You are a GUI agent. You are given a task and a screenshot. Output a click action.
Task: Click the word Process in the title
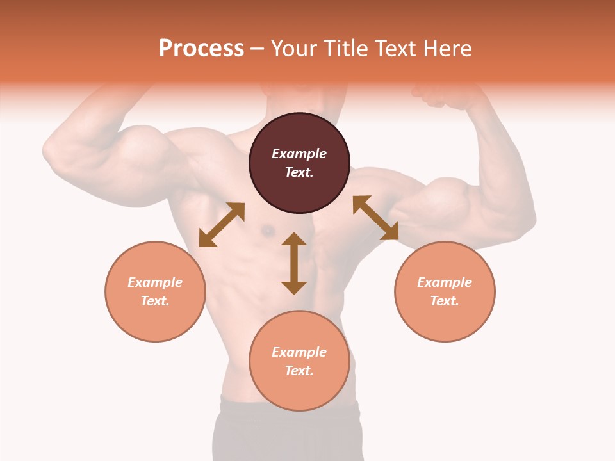[x=201, y=49]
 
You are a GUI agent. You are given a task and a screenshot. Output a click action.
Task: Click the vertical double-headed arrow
[x=294, y=263]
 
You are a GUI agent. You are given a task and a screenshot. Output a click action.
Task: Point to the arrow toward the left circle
[x=222, y=225]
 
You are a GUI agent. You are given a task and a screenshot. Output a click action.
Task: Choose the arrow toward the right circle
[x=375, y=218]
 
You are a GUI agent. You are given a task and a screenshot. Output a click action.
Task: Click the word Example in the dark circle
[x=299, y=154]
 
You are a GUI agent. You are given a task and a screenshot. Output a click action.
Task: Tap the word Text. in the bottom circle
[x=299, y=371]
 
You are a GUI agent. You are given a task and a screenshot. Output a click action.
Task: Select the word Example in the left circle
[x=155, y=282]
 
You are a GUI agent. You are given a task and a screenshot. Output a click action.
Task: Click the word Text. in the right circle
[x=445, y=301]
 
